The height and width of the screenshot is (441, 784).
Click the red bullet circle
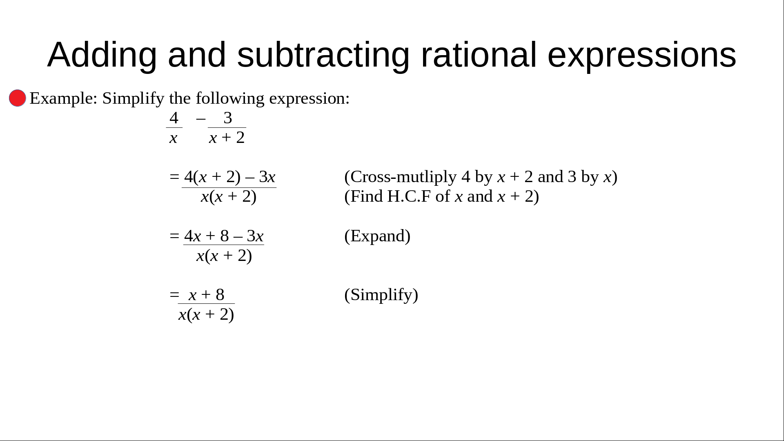18,98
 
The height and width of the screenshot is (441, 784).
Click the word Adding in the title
102,55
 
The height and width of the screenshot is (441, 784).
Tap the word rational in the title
478,54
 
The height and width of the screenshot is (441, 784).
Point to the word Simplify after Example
133,98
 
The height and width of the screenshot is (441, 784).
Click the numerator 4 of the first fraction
174,118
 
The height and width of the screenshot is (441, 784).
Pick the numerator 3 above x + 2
228,118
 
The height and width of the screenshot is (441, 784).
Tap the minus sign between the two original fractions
200,119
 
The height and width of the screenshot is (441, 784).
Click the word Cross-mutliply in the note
403,177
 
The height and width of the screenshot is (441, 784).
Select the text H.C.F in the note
409,196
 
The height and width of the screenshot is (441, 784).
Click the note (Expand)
377,236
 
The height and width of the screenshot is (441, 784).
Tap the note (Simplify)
381,295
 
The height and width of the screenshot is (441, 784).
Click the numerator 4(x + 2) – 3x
230,177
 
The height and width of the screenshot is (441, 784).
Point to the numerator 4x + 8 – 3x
224,236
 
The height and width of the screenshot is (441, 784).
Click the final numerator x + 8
207,295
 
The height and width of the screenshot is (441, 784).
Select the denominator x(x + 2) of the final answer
206,314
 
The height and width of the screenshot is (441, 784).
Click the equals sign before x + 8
174,295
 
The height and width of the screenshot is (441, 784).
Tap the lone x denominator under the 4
174,138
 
